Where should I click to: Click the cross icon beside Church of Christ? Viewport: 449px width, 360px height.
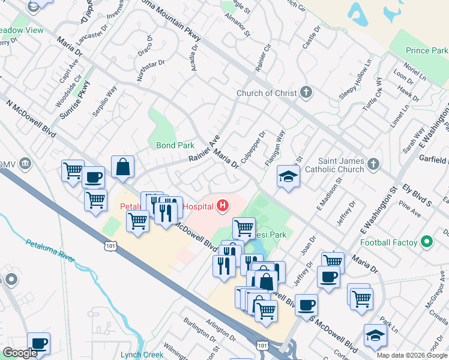click(306, 92)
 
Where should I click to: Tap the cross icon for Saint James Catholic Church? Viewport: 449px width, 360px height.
click(373, 164)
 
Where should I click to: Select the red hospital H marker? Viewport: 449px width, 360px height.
click(222, 206)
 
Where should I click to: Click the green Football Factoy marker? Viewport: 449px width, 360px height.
click(426, 242)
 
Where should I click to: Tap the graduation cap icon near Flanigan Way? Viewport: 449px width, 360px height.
click(288, 176)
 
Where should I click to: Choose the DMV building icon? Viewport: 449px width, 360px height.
click(25, 164)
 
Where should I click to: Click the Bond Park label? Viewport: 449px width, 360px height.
click(175, 145)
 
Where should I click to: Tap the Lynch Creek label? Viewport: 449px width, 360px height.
click(142, 355)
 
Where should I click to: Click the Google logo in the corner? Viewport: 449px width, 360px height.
click(20, 353)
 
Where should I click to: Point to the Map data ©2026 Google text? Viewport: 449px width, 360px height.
click(412, 355)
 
